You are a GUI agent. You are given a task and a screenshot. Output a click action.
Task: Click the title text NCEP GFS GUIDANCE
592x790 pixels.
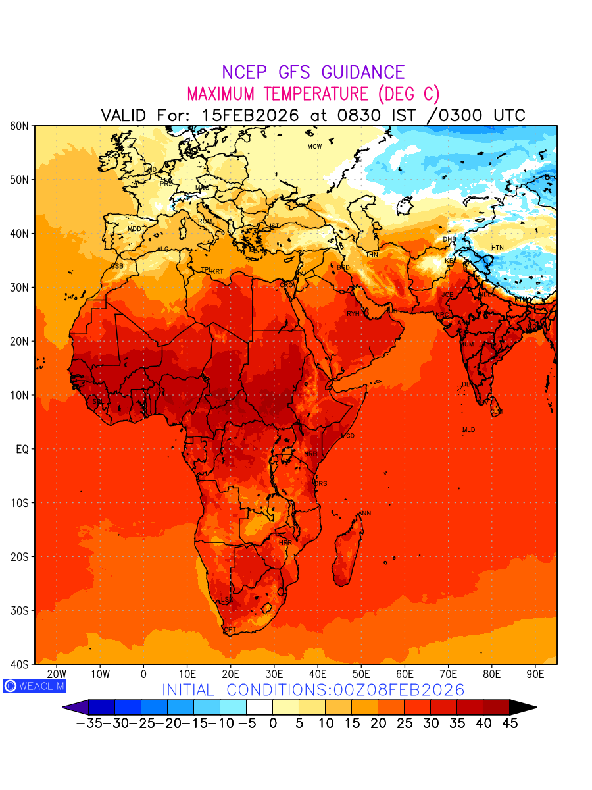pos(313,72)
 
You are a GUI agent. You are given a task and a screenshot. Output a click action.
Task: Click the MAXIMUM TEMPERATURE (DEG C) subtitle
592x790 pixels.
pos(313,93)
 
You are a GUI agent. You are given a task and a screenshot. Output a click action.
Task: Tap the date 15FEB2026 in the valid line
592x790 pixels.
pos(250,115)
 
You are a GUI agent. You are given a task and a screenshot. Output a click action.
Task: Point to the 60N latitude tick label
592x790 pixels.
pos(20,126)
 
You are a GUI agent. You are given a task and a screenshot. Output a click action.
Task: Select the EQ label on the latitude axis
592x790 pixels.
pos(22,449)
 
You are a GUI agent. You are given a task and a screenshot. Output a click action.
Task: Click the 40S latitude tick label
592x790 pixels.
pos(20,664)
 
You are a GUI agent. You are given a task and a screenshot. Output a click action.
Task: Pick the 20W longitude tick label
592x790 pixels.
pos(57,674)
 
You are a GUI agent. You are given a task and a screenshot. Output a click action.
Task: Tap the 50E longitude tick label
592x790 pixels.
pos(361,674)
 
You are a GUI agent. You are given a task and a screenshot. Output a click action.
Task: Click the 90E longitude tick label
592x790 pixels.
pos(535,674)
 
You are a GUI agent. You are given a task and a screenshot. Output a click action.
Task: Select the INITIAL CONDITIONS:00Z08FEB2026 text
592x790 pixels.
pos(313,690)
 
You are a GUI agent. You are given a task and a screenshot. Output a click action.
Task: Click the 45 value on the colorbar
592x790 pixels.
pos(510,724)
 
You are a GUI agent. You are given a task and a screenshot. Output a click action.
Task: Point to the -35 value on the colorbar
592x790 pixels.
pos(88,724)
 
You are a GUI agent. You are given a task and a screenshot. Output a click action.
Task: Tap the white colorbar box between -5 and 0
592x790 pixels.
pos(259,708)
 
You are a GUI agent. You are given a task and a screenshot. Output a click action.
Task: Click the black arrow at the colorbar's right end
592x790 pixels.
pos(523,708)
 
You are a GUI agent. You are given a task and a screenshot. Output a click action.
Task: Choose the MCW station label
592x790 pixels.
pos(314,147)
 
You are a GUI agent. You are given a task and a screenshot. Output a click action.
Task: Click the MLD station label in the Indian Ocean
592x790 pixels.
pos(468,430)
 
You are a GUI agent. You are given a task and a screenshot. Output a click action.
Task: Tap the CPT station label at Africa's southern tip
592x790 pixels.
pos(230,630)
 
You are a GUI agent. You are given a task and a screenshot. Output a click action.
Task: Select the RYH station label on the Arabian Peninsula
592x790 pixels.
pos(353,314)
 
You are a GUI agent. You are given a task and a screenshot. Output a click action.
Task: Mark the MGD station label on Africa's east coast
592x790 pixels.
pos(348,436)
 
